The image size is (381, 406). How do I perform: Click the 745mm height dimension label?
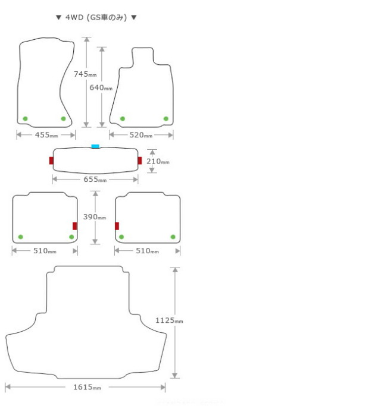pos(85,74)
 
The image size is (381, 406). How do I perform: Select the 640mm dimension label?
pos(101,88)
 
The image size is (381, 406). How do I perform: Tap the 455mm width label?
pos(46,135)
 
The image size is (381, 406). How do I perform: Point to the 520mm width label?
pos(141,135)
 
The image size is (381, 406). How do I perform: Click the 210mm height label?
pos(158,162)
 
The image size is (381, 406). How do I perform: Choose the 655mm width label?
pos(95,180)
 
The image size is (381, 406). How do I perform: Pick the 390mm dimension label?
pos(95,217)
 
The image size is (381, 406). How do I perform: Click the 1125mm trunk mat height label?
pos(169,320)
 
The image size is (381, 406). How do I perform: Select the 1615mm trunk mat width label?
pos(87,388)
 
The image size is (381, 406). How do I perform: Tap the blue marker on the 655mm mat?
pos(95,146)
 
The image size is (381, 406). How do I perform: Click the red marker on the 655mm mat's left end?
pos(51,160)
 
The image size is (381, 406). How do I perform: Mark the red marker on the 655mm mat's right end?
pos(140,160)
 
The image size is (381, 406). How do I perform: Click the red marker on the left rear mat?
pos(75,226)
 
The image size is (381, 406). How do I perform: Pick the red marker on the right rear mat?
pos(117,226)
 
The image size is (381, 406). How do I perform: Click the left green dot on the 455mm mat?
pos(25,119)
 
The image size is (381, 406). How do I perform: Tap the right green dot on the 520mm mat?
pos(166,119)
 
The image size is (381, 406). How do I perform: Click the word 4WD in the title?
pos(74,18)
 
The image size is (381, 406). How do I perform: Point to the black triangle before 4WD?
pos(58,18)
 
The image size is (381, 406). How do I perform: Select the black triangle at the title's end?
pos(134,18)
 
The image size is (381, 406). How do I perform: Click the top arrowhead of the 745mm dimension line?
pos(87,39)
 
